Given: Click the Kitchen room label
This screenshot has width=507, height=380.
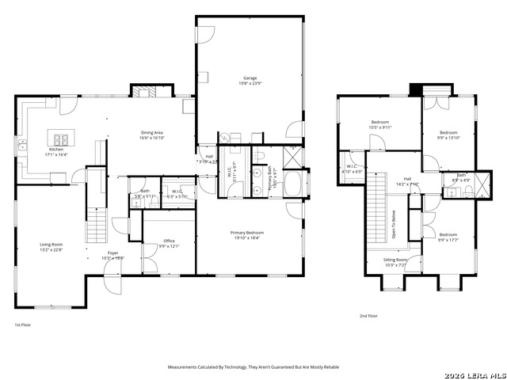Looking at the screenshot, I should [x=56, y=149].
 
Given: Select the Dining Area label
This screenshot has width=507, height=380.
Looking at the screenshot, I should [x=152, y=132].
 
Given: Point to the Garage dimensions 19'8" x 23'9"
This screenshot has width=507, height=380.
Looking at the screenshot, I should [x=250, y=83].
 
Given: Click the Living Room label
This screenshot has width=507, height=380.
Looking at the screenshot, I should [x=51, y=245].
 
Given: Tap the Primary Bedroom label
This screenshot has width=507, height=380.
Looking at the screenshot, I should [x=247, y=233].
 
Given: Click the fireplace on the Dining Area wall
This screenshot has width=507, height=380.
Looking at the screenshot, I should [x=145, y=92].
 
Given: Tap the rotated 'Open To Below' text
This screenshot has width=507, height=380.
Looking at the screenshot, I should [x=393, y=224].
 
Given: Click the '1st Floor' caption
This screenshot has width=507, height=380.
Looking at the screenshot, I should [x=23, y=325].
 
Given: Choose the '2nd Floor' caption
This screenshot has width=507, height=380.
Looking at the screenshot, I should [x=368, y=316].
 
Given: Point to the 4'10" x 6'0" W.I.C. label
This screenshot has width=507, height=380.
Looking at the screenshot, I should [x=353, y=169].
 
